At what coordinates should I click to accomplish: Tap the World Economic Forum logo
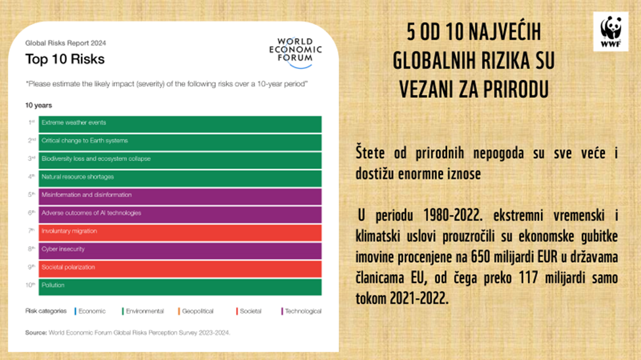(296, 52)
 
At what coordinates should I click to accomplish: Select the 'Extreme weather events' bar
(181, 124)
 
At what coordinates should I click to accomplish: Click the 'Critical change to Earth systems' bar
(181, 142)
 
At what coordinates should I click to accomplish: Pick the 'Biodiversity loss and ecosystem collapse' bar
(181, 160)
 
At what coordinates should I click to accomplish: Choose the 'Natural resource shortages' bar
(181, 178)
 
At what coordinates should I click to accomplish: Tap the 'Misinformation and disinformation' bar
(181, 196)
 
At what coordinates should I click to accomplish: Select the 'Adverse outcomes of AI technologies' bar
(181, 214)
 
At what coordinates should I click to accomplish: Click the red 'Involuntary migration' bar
(181, 232)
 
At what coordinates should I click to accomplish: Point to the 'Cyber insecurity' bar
(181, 250)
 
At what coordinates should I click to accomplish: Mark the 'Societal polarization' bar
(181, 268)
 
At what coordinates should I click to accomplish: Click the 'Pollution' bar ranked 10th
(181, 286)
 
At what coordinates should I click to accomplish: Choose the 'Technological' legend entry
(302, 311)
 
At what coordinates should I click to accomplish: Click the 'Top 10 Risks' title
(64, 59)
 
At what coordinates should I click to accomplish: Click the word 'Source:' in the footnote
(36, 333)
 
